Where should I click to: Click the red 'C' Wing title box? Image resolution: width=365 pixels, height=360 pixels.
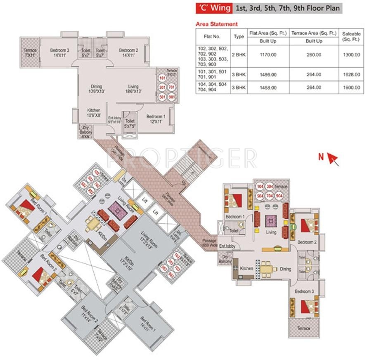click(x=213, y=8)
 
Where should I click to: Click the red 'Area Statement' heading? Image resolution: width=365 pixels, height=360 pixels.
click(x=217, y=24)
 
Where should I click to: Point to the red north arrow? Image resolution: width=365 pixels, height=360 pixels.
click(x=333, y=159)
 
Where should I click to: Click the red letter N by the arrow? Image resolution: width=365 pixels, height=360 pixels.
click(x=320, y=156)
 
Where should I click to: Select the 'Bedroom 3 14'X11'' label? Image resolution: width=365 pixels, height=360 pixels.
click(x=59, y=52)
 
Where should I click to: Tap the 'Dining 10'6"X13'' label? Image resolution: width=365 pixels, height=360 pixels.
click(x=96, y=89)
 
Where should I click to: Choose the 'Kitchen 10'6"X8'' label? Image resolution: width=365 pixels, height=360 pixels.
click(x=94, y=113)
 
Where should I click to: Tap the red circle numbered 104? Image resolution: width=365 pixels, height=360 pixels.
click(x=260, y=187)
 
